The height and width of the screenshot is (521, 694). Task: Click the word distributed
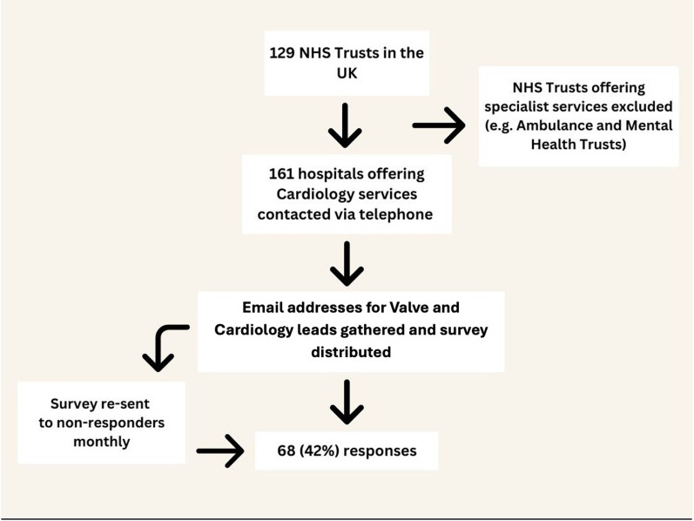pos(352,352)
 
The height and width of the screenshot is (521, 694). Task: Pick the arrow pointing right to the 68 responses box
pos(220,450)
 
